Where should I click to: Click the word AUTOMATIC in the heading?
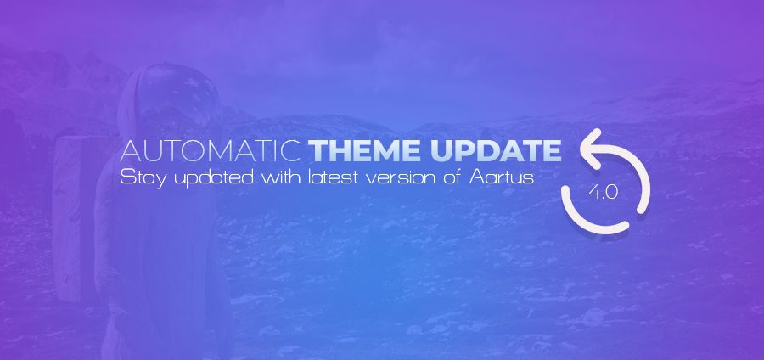(x=210, y=151)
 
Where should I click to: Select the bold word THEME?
(x=365, y=151)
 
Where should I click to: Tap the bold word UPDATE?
(x=496, y=151)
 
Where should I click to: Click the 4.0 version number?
(x=604, y=193)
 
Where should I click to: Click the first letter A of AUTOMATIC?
(x=130, y=151)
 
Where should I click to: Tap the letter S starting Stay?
(x=126, y=177)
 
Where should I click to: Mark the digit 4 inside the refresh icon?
(x=594, y=193)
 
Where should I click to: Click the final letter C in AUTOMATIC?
(x=290, y=151)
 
